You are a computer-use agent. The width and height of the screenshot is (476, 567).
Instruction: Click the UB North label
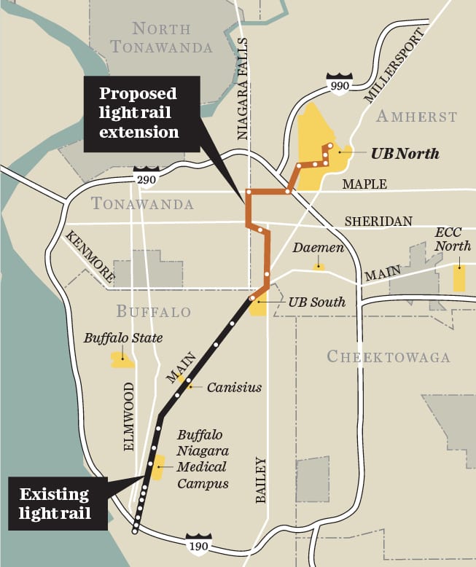405,154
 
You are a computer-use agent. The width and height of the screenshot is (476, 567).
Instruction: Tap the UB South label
316,302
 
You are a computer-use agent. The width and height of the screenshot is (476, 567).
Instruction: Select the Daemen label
318,249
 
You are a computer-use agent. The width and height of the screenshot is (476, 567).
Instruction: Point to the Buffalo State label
122,338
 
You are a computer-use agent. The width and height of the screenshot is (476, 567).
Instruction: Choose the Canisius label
234,387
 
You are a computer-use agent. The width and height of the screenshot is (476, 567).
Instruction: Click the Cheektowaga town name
388,357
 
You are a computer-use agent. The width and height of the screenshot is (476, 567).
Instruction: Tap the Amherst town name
417,117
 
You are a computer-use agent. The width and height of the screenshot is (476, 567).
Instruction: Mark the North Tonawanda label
162,38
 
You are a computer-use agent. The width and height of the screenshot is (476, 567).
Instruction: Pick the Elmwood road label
130,416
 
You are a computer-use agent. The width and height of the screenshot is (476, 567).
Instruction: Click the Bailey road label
261,480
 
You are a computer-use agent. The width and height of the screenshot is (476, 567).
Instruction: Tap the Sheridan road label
378,221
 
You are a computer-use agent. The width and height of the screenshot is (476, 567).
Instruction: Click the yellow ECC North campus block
459,278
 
